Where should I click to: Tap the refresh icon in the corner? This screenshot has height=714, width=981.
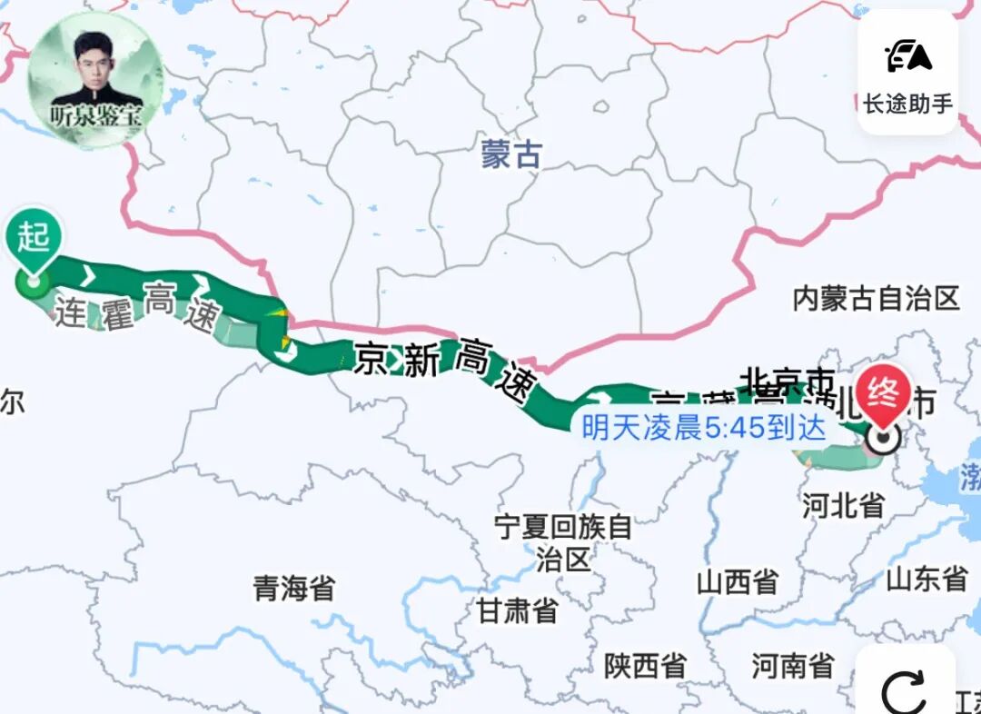click(905, 693)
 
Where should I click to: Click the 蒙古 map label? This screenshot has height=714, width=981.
click(511, 154)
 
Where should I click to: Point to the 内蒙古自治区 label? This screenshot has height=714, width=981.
click(876, 298)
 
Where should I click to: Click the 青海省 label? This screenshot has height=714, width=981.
click(293, 588)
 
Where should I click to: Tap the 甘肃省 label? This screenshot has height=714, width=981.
click(518, 610)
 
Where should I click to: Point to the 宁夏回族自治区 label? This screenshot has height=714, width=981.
click(563, 541)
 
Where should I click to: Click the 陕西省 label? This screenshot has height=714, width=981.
click(645, 666)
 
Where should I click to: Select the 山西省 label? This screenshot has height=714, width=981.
click(738, 581)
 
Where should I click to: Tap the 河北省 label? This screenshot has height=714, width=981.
click(843, 505)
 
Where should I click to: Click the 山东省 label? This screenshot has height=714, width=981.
click(926, 578)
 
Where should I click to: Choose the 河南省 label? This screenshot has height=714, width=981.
click(792, 666)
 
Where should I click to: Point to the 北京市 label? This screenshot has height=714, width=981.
click(787, 379)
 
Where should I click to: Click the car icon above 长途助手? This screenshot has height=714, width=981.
click(908, 56)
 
